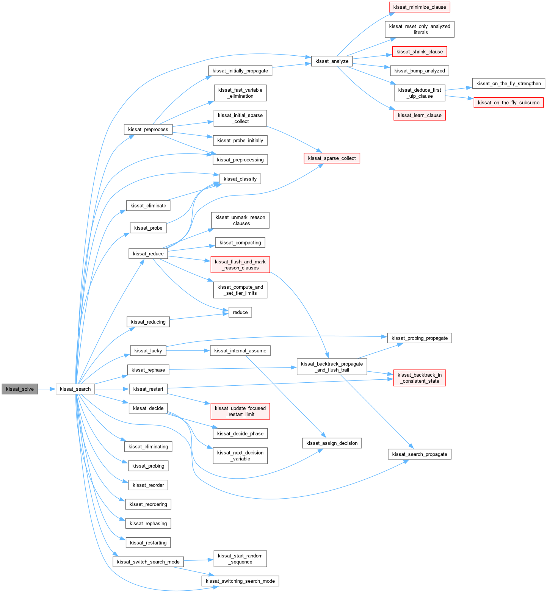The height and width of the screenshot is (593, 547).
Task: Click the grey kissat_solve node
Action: [x=20, y=389]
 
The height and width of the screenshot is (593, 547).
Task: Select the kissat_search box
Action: [x=75, y=389]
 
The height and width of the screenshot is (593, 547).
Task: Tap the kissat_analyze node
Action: [x=332, y=61]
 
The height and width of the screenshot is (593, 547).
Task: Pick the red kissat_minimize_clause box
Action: [x=419, y=7]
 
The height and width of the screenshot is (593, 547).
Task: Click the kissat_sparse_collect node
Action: [x=332, y=158]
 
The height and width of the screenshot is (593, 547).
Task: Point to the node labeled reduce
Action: [x=240, y=312]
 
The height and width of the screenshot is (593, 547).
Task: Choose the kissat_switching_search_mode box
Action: [x=240, y=581]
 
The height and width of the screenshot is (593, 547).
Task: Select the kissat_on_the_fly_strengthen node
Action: [x=508, y=83]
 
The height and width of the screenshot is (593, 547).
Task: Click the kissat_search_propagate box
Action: [x=419, y=454]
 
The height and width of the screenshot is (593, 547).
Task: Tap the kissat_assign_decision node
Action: [x=332, y=443]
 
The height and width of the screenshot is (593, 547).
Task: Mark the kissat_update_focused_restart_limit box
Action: [x=240, y=411]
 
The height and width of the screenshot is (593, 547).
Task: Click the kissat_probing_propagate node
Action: [x=419, y=338]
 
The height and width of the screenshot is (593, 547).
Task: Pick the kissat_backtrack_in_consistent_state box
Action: [x=419, y=378]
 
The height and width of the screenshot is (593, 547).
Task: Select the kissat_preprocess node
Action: [x=148, y=129]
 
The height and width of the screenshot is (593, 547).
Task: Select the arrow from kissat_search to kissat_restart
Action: [x=112, y=389]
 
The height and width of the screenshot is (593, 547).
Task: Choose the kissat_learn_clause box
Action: [x=419, y=115]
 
